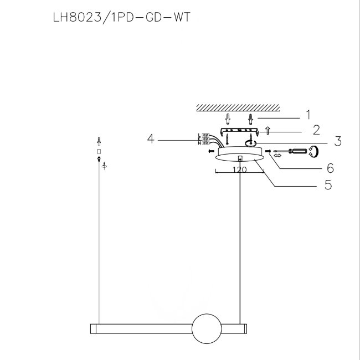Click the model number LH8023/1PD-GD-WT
coord(121,17)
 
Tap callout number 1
coord(308,115)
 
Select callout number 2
coord(316,130)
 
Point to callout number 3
coord(338,141)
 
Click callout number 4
coord(151,139)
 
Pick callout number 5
coord(328,184)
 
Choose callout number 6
coord(330,168)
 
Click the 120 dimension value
coord(239,169)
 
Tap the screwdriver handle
coord(298,151)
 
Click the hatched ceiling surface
coord(238,107)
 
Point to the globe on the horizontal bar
coord(207,328)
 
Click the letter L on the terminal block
coord(199,135)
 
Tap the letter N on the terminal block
coord(199,143)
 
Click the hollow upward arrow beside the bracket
coord(268,130)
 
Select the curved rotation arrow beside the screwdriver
coord(314,151)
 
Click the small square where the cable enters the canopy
coord(240,159)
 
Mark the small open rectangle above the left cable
coord(99,152)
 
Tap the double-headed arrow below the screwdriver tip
coord(277,156)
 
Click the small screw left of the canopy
coord(211,151)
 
